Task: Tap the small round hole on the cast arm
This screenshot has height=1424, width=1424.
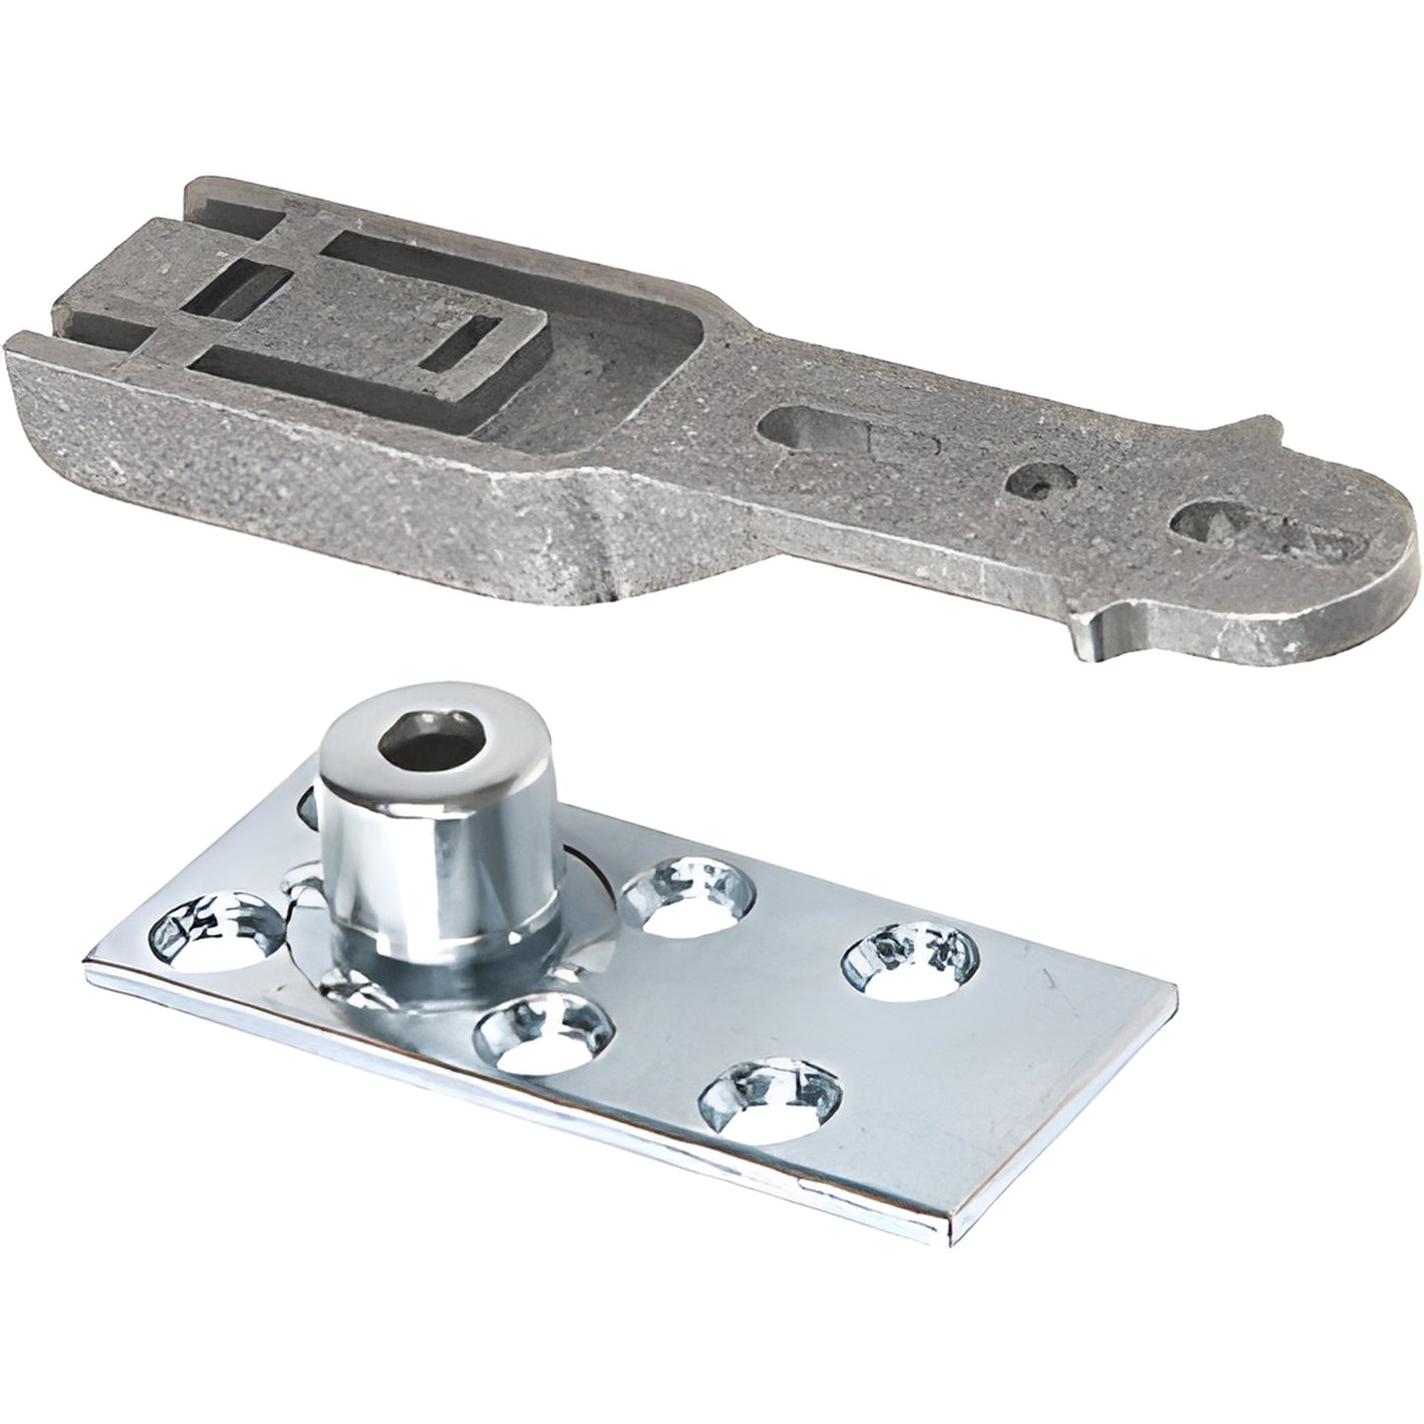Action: click(1035, 480)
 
